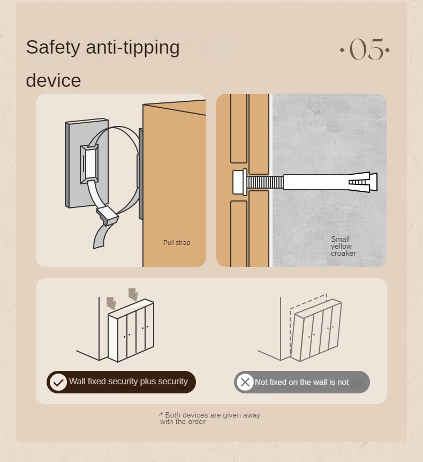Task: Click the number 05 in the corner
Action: [x=367, y=49]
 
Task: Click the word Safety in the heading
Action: [x=53, y=48]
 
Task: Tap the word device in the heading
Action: [x=54, y=80]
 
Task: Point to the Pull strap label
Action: [x=177, y=243]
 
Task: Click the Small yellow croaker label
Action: [x=343, y=246]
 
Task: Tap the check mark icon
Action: [x=58, y=382]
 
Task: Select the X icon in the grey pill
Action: [x=245, y=382]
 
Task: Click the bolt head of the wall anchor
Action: [x=240, y=182]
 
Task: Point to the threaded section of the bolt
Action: [x=265, y=182]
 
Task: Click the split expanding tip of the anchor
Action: [x=362, y=182]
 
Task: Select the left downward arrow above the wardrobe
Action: [x=111, y=303]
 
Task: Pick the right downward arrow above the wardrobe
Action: [x=133, y=295]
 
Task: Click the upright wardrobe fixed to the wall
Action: [x=131, y=331]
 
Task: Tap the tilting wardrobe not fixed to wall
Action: [x=315, y=330]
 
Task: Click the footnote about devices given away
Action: [x=210, y=418]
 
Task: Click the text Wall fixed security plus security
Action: [x=129, y=382]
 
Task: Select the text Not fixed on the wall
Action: [x=291, y=382]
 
